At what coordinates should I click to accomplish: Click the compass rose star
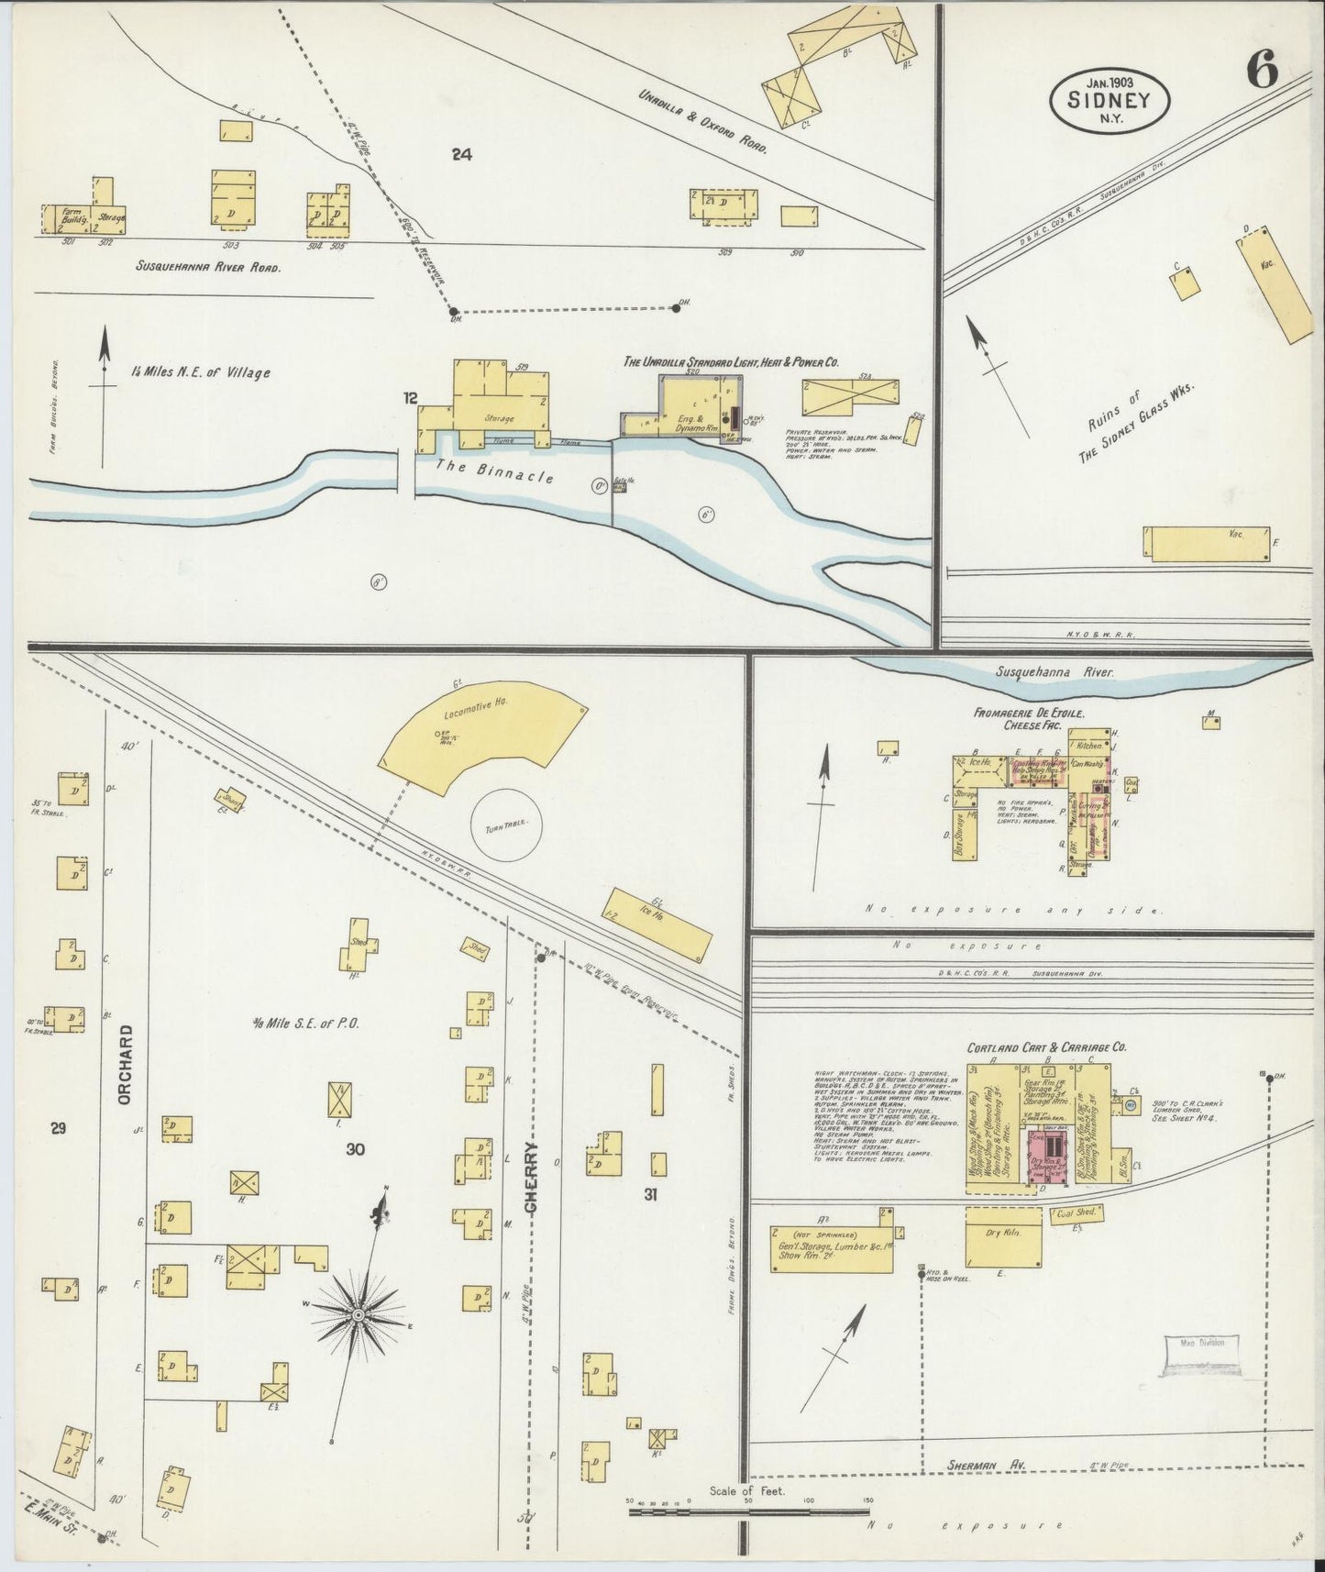358,1314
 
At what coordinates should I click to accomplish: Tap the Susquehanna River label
1054,672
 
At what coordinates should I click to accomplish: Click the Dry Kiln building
1003,1234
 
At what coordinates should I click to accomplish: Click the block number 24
461,155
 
